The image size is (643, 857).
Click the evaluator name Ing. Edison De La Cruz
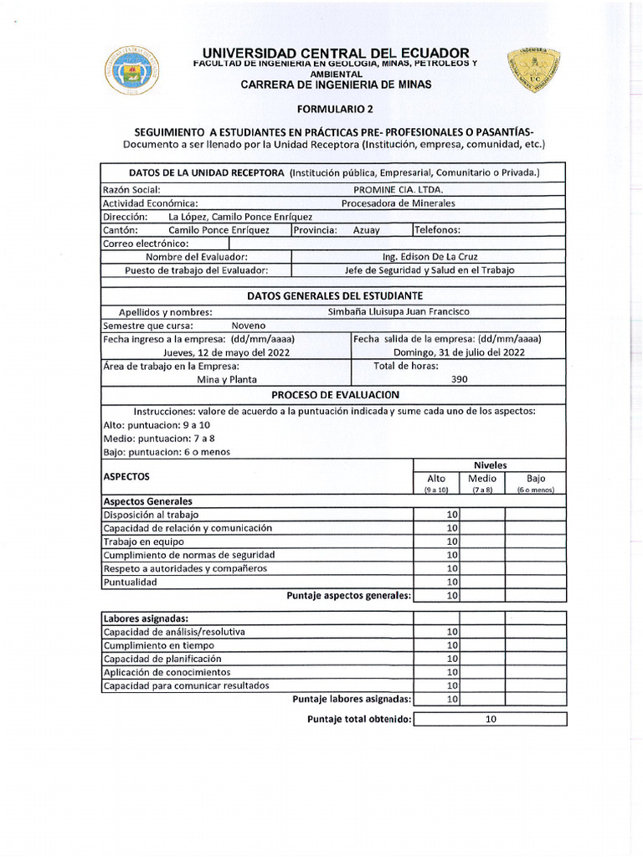tap(430, 257)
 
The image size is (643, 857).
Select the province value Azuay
tap(366, 230)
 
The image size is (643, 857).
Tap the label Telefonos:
tap(438, 230)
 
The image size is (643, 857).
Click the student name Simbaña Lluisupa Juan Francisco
tap(399, 311)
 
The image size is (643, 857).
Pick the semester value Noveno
tap(249, 326)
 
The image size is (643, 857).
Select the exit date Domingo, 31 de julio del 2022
tap(459, 352)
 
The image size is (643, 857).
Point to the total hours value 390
tap(459, 379)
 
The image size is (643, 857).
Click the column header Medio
tap(483, 479)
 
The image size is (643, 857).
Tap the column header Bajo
tap(536, 479)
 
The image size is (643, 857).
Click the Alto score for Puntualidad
tap(452, 582)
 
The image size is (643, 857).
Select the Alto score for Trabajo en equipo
tap(452, 541)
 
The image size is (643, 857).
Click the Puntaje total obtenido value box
tap(491, 719)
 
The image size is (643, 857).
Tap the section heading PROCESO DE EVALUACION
tap(335, 394)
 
